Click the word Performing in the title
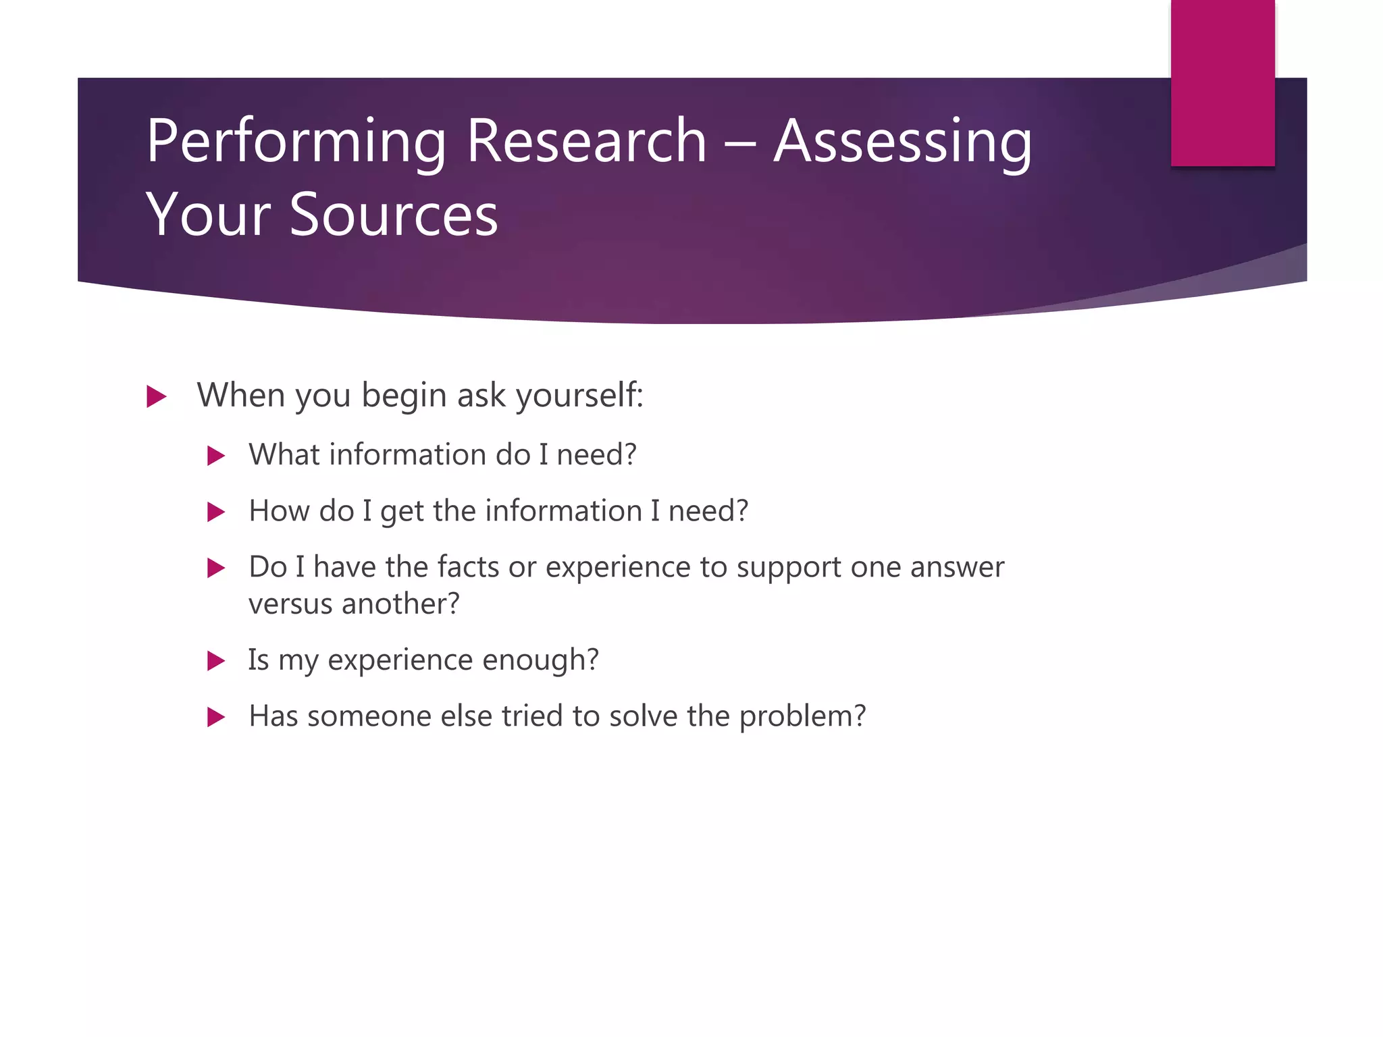click(x=296, y=142)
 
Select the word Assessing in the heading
click(x=902, y=142)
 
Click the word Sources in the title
click(x=394, y=215)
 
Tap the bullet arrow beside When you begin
click(x=156, y=396)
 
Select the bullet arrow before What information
click(x=215, y=456)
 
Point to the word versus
click(x=290, y=604)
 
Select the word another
click(x=400, y=604)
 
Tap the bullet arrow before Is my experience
click(x=215, y=660)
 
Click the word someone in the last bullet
click(x=369, y=716)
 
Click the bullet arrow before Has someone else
click(x=215, y=717)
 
